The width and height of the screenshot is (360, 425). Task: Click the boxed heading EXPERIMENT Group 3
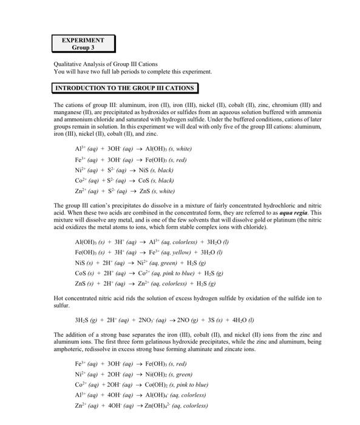point(83,44)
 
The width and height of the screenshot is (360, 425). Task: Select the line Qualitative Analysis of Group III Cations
point(106,64)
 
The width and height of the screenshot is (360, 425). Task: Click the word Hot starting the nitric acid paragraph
point(59,298)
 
